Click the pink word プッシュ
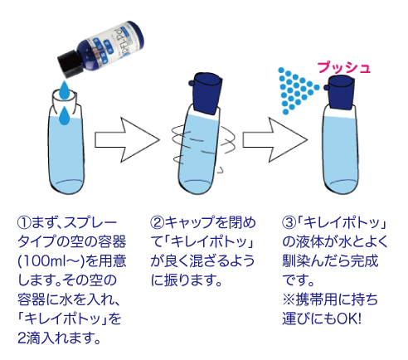click(x=343, y=68)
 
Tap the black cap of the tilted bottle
click(x=70, y=63)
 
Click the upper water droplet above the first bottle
click(x=64, y=90)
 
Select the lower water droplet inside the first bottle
click(x=64, y=116)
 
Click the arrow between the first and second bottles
click(x=127, y=139)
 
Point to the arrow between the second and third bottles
click(x=274, y=139)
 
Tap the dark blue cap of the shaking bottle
click(x=206, y=93)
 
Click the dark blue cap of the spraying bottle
click(x=340, y=93)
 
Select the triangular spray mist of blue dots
click(x=296, y=90)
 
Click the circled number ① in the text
click(x=24, y=223)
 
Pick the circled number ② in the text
click(x=157, y=223)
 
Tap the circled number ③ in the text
click(x=289, y=223)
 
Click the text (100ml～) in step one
click(x=51, y=261)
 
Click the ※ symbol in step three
click(x=289, y=299)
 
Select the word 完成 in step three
click(x=364, y=261)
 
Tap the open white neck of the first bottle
click(x=65, y=100)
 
